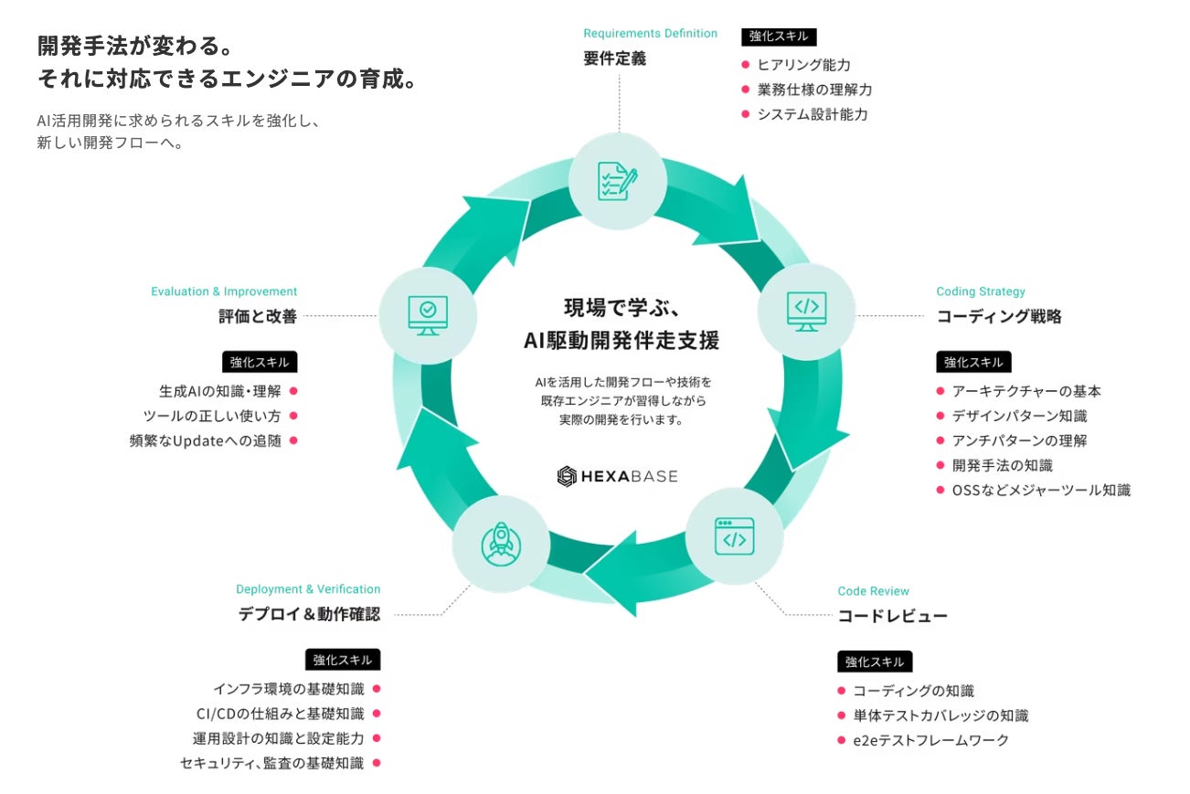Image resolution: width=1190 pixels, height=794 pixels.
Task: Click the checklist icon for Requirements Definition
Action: pos(618,180)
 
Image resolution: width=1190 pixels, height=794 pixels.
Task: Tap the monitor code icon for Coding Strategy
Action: pos(807,311)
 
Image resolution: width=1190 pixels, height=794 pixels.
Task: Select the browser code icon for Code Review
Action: pos(735,536)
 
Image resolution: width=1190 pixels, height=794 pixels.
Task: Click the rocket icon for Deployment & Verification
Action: pos(500,543)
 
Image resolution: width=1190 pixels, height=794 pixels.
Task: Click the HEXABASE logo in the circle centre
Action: pos(618,476)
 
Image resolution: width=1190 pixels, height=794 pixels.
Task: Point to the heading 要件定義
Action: pos(614,58)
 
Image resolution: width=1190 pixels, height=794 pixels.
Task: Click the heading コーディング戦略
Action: pos(999,317)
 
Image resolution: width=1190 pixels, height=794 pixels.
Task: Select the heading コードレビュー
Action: pos(892,616)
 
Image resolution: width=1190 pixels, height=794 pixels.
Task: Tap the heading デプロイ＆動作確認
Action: pos(309,614)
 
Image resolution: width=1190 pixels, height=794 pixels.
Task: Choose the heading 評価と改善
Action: pos(258,317)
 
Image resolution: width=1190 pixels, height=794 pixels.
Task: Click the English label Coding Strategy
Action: pos(981,291)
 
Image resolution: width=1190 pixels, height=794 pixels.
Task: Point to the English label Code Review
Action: pos(874,591)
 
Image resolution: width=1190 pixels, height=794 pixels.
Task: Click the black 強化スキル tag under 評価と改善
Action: pos(260,362)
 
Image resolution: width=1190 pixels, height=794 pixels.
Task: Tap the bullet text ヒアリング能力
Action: pos(803,65)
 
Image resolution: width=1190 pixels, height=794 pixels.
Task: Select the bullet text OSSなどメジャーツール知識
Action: pos(1041,490)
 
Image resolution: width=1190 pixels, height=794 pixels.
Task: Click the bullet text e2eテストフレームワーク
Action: pos(930,740)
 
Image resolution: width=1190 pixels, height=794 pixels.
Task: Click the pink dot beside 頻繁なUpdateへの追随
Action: pos(294,440)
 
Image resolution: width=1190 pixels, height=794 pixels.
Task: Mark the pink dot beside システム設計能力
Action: pos(746,114)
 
